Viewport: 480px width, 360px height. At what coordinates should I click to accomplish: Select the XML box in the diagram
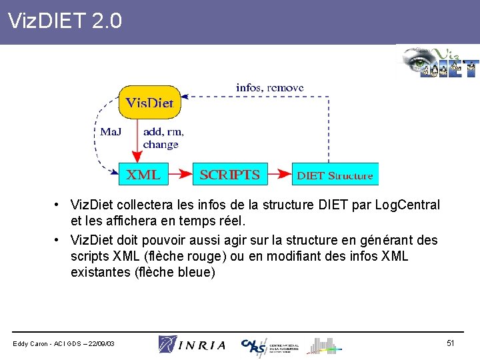point(143,175)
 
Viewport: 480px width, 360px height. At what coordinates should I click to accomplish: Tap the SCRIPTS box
point(230,175)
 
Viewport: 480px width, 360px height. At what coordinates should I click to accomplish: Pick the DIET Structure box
point(335,175)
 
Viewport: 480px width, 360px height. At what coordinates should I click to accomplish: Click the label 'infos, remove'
point(270,87)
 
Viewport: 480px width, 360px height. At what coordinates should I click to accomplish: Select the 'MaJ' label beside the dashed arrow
point(111,131)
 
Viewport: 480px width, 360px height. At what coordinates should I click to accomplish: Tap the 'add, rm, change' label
point(163,138)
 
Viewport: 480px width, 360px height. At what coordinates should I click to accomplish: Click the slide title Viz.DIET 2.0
point(65,21)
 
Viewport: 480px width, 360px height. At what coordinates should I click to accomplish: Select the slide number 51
point(451,343)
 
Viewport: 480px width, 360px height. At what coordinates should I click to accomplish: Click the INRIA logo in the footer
point(192,344)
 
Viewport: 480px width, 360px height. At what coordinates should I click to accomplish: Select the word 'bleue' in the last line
point(199,272)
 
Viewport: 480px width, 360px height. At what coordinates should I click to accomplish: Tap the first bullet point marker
point(59,205)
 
